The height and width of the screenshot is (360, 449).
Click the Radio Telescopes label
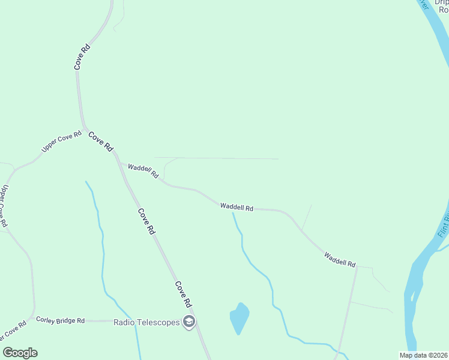(146, 322)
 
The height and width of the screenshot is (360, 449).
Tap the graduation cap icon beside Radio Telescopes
(189, 322)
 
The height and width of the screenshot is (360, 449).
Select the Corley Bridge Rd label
(60, 320)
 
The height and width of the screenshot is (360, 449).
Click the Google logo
(20, 353)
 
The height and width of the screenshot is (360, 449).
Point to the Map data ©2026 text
(424, 355)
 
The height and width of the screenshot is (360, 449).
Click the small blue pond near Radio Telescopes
(239, 317)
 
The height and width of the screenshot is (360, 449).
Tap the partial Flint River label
(443, 223)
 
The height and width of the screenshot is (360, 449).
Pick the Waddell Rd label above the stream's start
(237, 207)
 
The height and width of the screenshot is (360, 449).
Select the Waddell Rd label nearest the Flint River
(340, 259)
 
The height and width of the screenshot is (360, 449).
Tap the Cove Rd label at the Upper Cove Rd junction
(101, 142)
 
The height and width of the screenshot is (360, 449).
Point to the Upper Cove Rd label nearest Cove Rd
(61, 142)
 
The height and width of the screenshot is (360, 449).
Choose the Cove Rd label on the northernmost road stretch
(82, 56)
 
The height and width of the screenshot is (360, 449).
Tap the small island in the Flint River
(413, 295)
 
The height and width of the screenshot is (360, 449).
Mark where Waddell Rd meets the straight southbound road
(357, 267)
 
